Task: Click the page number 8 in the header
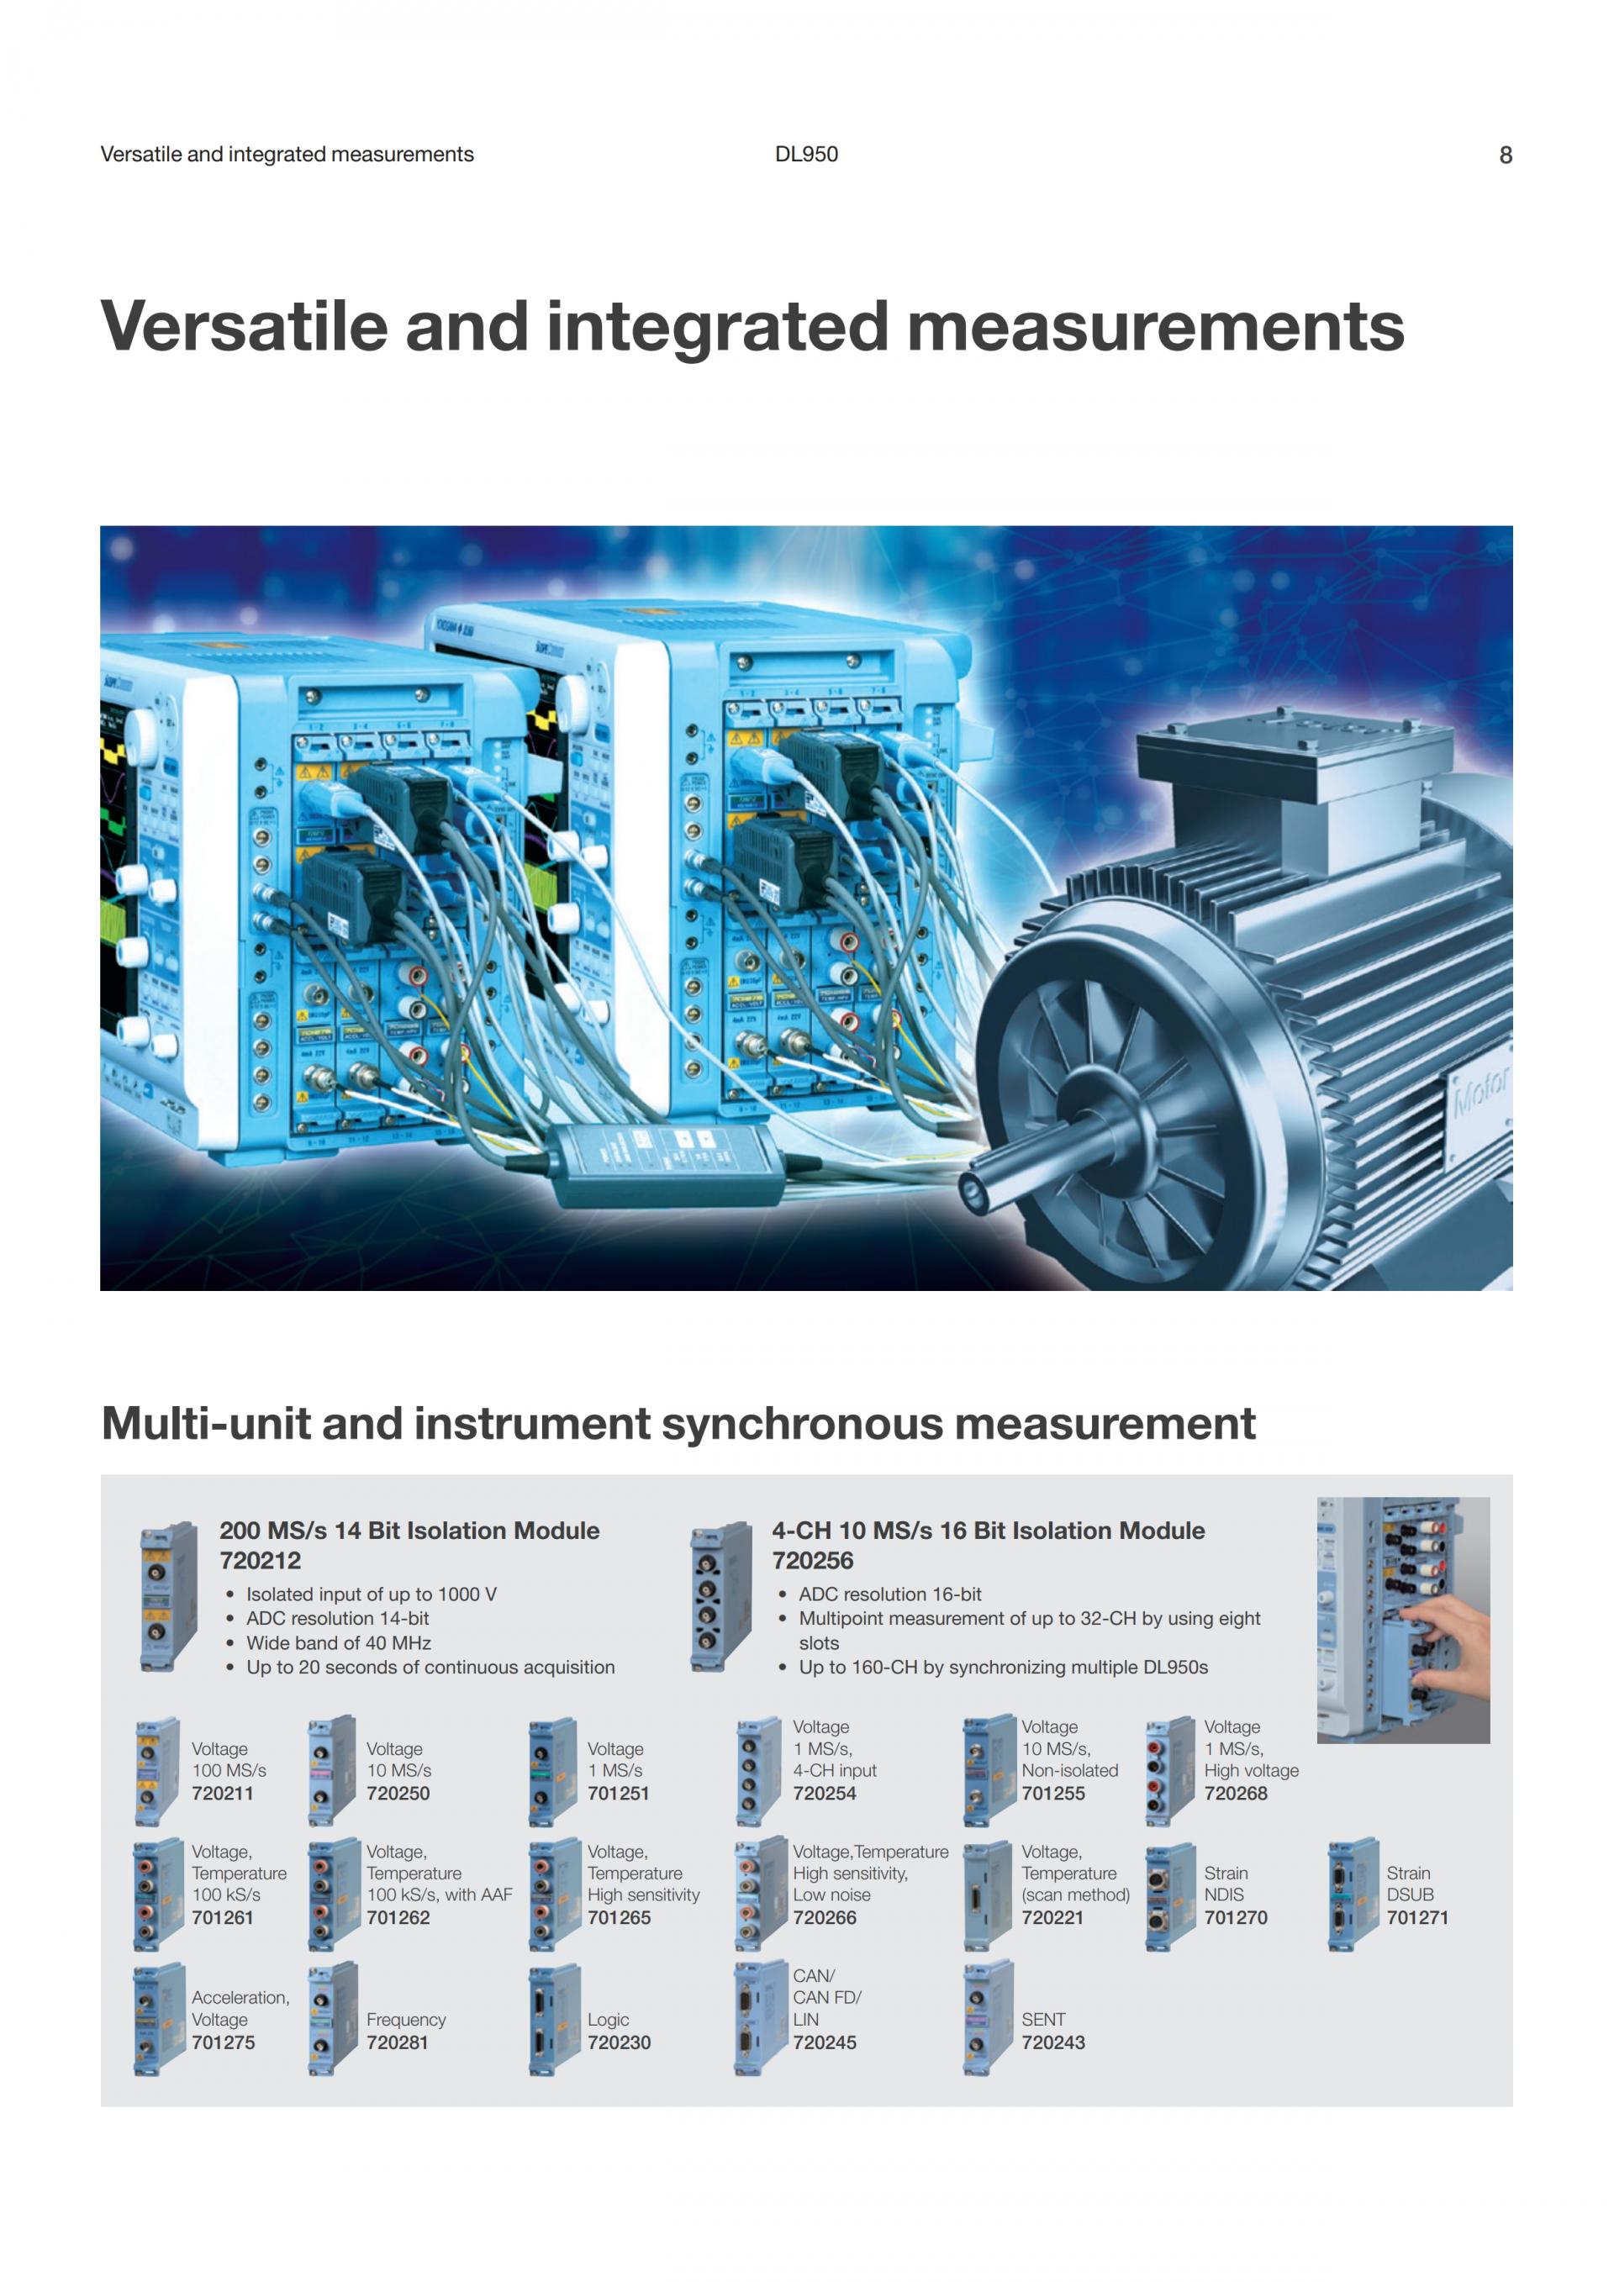pyautogui.click(x=1505, y=155)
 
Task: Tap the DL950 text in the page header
pyautogui.click(x=806, y=154)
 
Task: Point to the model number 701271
pyautogui.click(x=1416, y=1917)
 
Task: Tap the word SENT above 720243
pyautogui.click(x=1042, y=2019)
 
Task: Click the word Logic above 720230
pyautogui.click(x=609, y=2020)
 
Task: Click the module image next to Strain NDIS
pyautogui.click(x=1170, y=1897)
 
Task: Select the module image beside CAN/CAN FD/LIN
pyautogui.click(x=758, y=2019)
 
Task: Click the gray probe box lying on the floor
pyautogui.click(x=665, y=1157)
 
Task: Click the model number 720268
pyautogui.click(x=1236, y=1793)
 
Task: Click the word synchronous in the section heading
pyautogui.click(x=803, y=1425)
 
